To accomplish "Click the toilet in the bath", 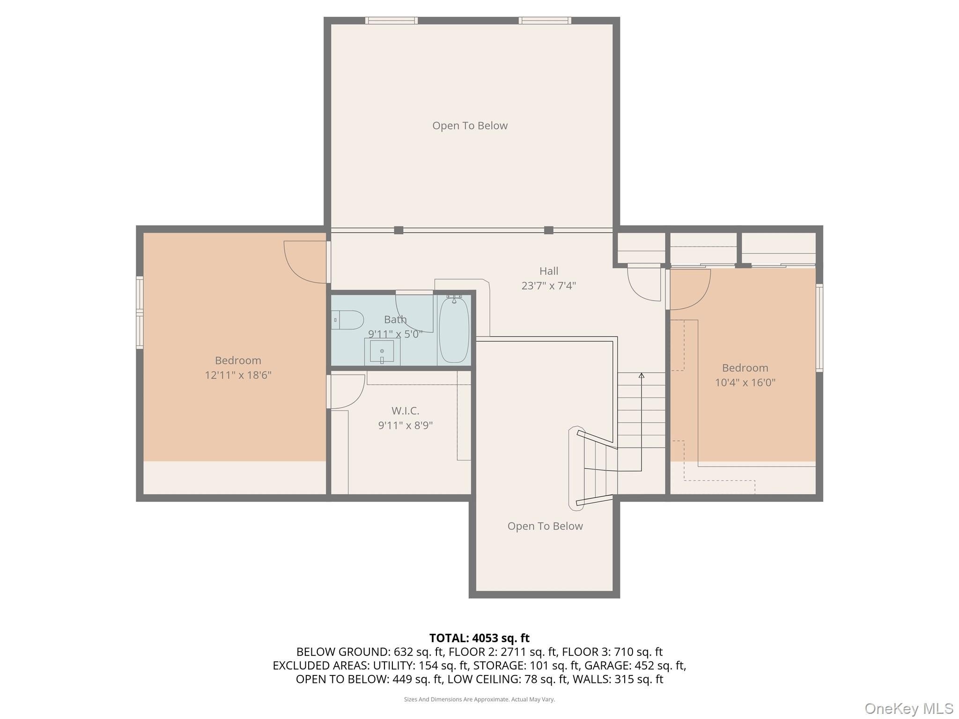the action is coord(347,320).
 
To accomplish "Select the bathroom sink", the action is coord(382,351).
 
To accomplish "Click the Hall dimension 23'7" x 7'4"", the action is coord(549,286).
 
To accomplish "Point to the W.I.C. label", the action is coord(405,411).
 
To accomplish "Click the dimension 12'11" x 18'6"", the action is coord(238,375).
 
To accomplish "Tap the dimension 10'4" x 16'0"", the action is coord(745,382).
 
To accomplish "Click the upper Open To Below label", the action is coord(470,125).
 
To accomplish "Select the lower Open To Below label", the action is coord(545,526).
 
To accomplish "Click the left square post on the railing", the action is coord(398,230).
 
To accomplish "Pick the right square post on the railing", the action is coord(549,230).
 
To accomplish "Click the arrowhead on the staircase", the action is coord(642,375).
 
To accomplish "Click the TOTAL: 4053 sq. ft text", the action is coord(479,638).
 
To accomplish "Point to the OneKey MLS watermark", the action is coord(908,708).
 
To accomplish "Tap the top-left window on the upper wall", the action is coord(391,21).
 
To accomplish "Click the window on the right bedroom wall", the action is coord(819,328).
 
